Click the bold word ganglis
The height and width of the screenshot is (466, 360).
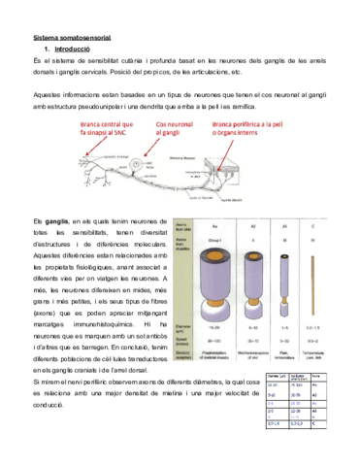(x=56, y=221)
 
